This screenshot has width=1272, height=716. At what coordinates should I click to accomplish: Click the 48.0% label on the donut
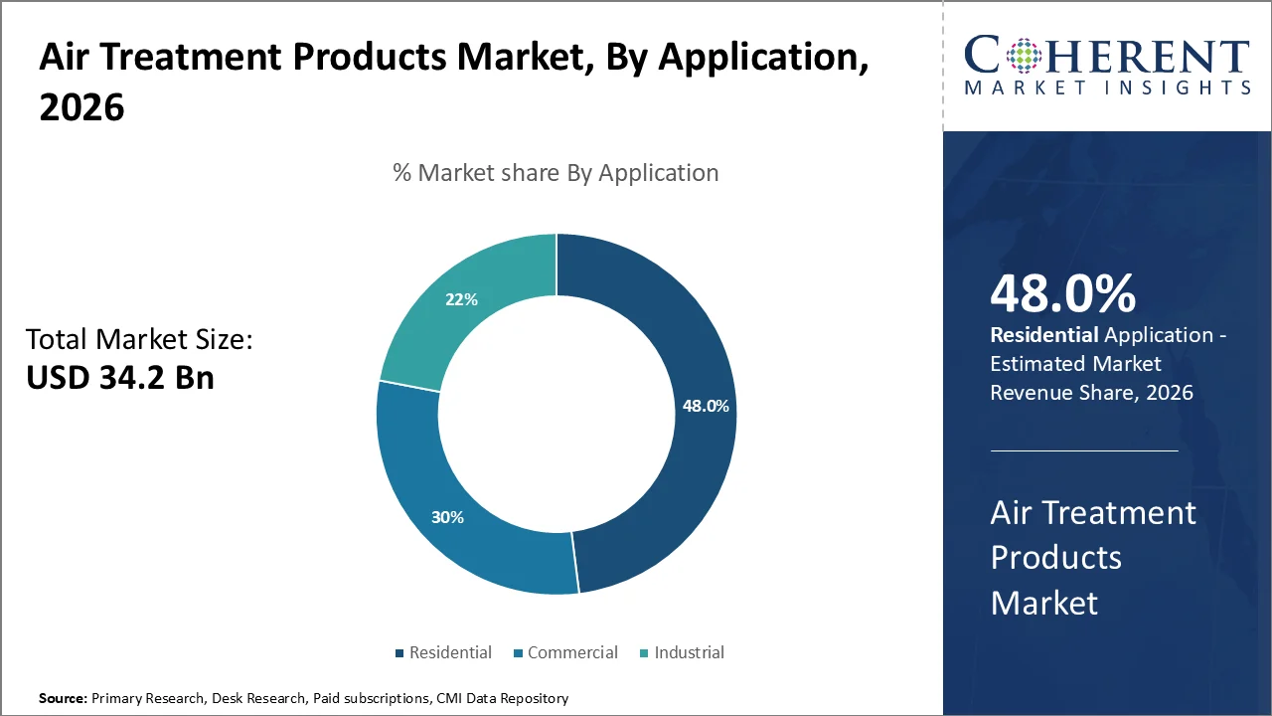pos(706,406)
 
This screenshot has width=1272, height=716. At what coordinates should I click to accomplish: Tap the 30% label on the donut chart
pos(447,517)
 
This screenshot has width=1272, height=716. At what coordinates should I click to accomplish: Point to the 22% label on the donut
pos(461,299)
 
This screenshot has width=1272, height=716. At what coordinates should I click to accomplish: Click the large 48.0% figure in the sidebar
pos(1062,294)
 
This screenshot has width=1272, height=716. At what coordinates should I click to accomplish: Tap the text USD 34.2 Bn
pos(119,377)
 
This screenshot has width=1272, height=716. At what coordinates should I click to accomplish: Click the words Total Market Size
pos(139,340)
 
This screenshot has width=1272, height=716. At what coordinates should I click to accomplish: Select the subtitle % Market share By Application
pos(556,173)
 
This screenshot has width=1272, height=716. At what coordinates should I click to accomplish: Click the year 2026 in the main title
pos(81,107)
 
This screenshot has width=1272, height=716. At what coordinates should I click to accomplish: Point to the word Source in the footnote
pos(62,699)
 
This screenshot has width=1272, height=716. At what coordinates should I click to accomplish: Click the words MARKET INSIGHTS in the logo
pos(1107,88)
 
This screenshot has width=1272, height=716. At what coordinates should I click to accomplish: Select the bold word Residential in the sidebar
pos(1043,335)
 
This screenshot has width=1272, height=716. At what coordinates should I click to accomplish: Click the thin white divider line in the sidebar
pos(1083,450)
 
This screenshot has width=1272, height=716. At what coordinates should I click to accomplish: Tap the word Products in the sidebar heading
pos(1055,558)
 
